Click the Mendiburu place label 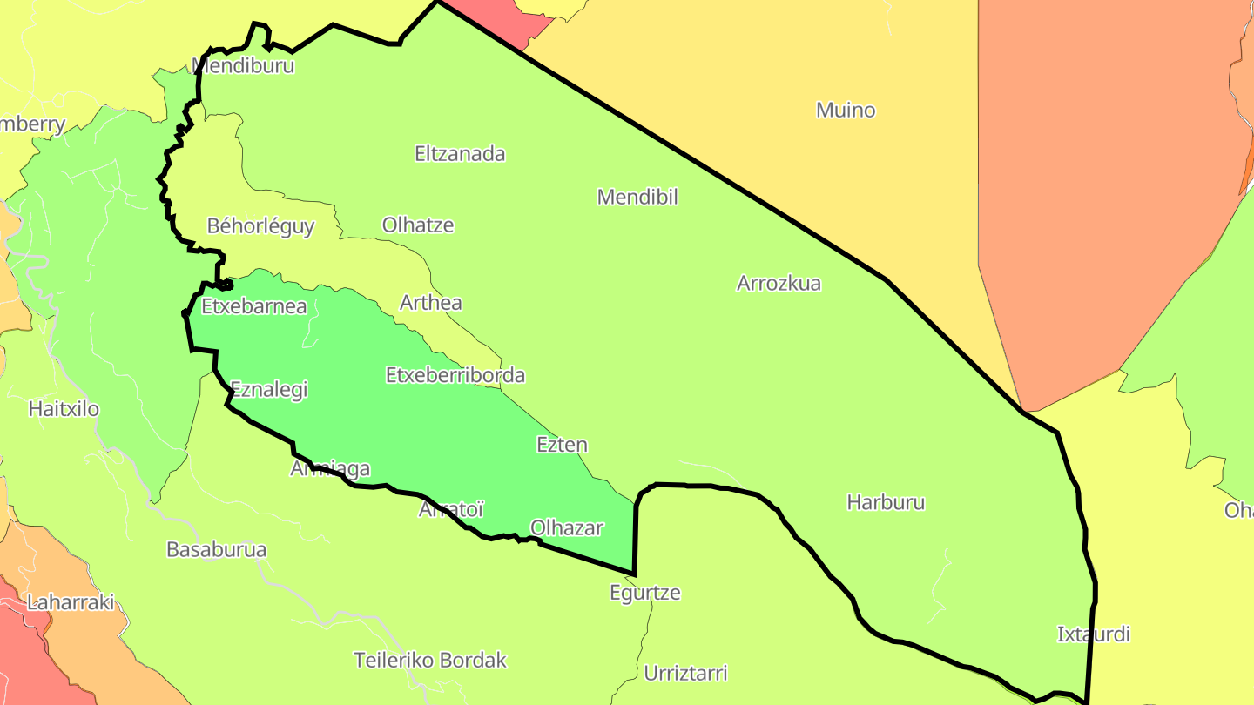(x=244, y=65)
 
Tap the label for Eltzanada (x=460, y=154)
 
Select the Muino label (x=846, y=111)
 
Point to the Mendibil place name (x=637, y=197)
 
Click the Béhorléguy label (x=260, y=226)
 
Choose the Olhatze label (x=418, y=225)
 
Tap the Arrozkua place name (x=779, y=283)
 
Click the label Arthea (x=430, y=303)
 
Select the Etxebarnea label (x=254, y=306)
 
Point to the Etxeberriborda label (x=455, y=375)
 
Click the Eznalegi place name (x=269, y=390)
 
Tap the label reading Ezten (x=562, y=445)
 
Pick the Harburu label (x=886, y=502)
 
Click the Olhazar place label (x=567, y=527)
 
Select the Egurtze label (x=644, y=593)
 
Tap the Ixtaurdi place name (x=1093, y=634)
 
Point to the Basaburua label (x=216, y=550)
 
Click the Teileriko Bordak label (x=430, y=660)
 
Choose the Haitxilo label (x=64, y=408)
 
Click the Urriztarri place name (x=685, y=673)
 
